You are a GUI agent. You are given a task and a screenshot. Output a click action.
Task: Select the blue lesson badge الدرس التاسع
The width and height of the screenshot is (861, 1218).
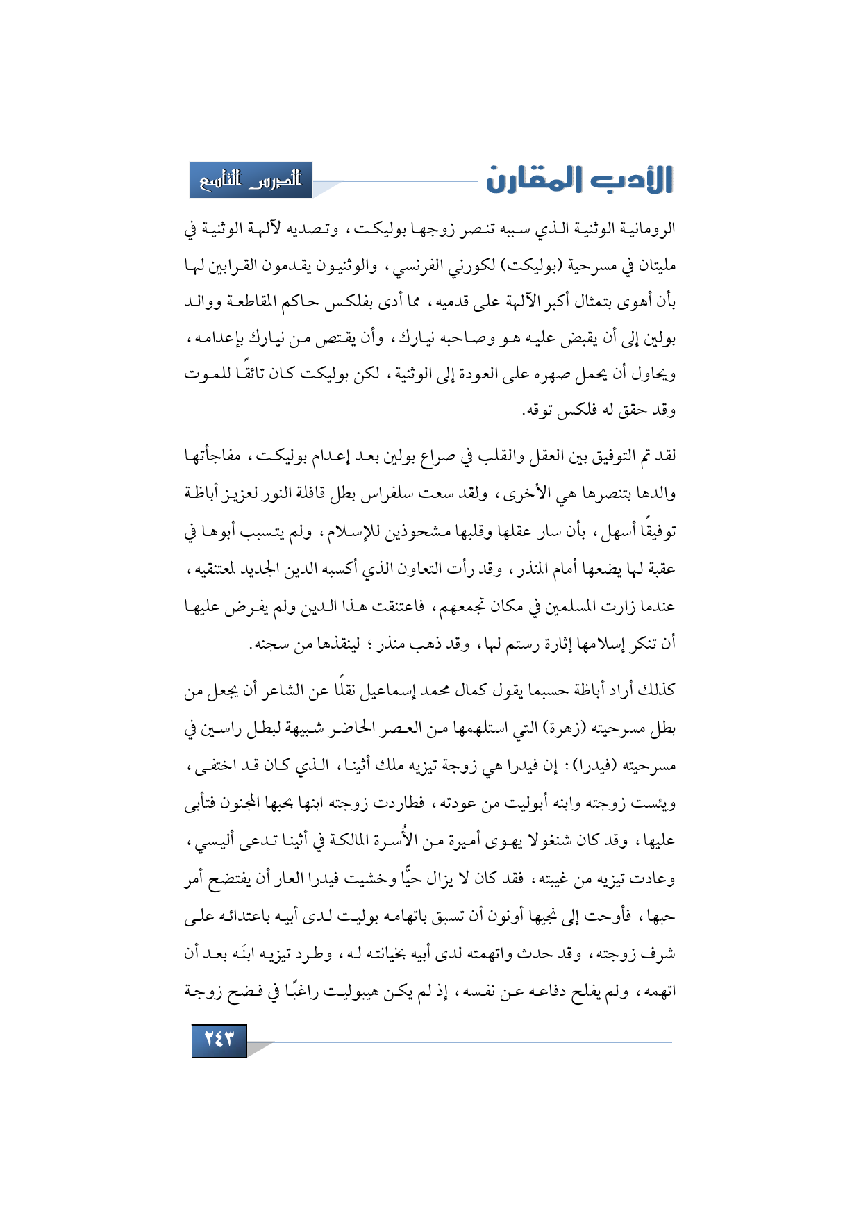[251, 181]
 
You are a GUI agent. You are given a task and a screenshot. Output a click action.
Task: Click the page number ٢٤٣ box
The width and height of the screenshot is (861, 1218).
[219, 1040]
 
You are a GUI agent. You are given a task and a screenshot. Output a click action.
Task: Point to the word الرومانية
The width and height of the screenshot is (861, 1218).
[647, 228]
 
